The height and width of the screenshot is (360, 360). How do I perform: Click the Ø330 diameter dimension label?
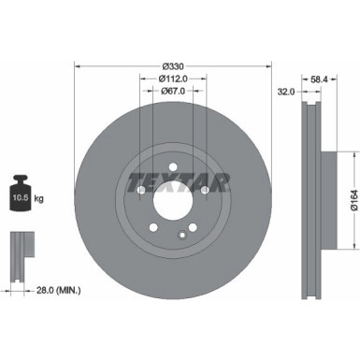pyautogui.click(x=172, y=65)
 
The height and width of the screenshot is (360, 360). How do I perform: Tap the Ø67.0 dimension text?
pyautogui.click(x=172, y=92)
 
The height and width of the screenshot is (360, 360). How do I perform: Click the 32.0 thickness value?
pyautogui.click(x=286, y=92)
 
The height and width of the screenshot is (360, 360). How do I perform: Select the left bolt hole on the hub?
pyautogui.click(x=140, y=191)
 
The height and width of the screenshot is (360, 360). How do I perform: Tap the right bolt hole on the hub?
pyautogui.click(x=204, y=191)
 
